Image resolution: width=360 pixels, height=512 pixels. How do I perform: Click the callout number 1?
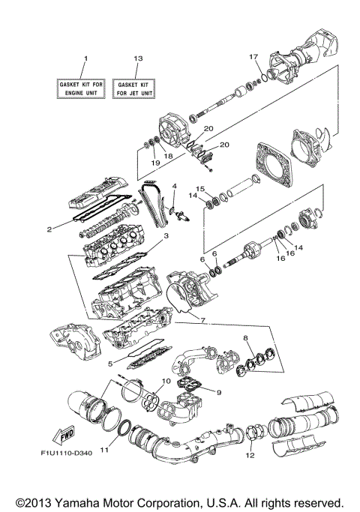coord(85,58)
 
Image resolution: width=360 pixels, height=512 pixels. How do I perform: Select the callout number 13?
coord(136,58)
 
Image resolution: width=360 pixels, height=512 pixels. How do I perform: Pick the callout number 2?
coord(48,229)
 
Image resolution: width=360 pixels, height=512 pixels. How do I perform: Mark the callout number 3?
coord(166,236)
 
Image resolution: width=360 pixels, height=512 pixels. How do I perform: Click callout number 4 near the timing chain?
coord(174,186)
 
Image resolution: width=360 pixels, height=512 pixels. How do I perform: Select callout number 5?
coord(111,364)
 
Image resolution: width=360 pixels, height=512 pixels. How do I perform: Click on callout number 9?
coord(219,391)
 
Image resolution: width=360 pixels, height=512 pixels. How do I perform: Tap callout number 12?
coord(250,454)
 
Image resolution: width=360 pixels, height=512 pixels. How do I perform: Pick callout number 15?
coord(200,188)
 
